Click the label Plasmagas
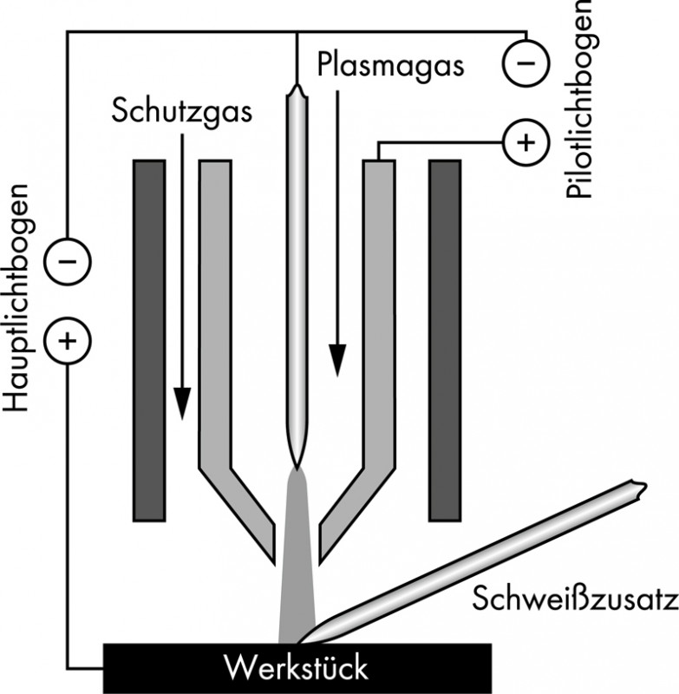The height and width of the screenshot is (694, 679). pyautogui.click(x=392, y=65)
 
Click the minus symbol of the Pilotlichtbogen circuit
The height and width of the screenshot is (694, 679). pyautogui.click(x=526, y=62)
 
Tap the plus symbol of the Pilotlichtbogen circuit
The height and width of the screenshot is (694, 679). pyautogui.click(x=526, y=141)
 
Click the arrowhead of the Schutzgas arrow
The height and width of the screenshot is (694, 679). pyautogui.click(x=181, y=403)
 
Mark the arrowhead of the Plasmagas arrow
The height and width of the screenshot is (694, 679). pyautogui.click(x=336, y=360)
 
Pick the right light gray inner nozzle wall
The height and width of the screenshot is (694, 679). pyautogui.click(x=378, y=347)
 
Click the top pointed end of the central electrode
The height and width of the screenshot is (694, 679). pyautogui.click(x=297, y=88)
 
